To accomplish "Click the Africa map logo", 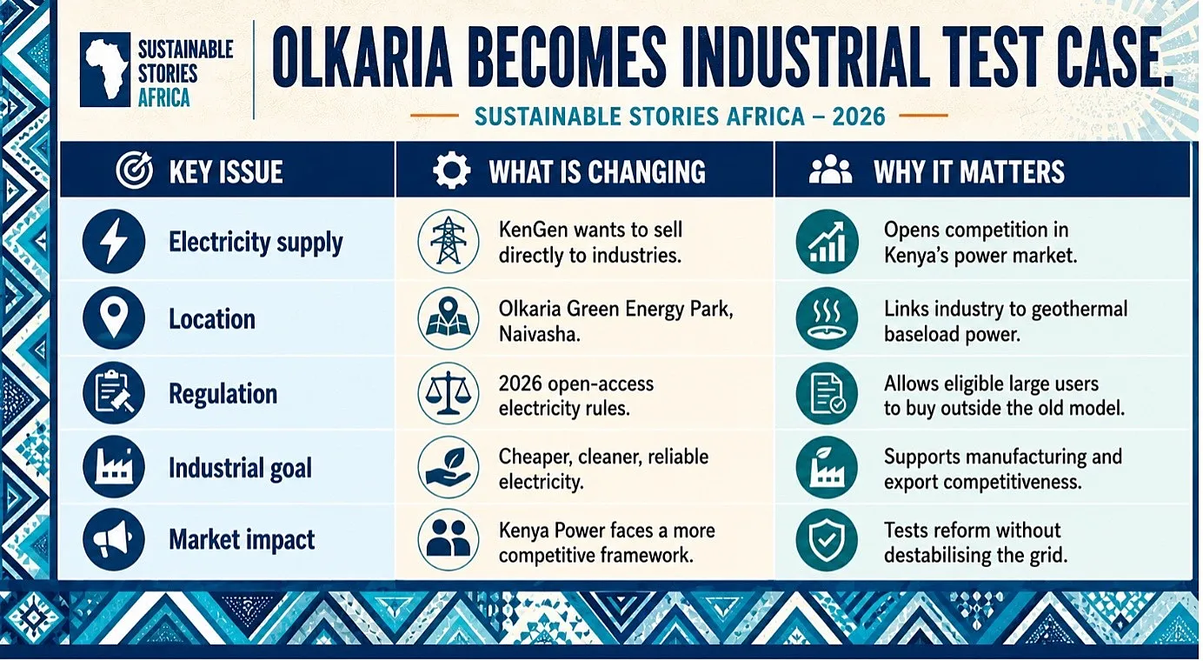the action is [105, 70].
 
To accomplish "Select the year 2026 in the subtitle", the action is [859, 117].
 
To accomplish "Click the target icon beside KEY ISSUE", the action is [134, 170].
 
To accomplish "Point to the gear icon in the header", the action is [452, 170].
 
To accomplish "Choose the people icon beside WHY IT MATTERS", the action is [830, 170].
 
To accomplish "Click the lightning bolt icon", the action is [114, 241].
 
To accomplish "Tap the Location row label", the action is [212, 318].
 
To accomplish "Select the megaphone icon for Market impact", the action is [114, 539].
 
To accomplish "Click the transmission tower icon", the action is [449, 241].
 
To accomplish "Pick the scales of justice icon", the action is [449, 393].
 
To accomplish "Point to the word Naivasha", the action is [539, 334].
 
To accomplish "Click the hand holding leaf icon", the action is [449, 467].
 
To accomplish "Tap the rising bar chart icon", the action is [827, 241].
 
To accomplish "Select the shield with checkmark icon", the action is [827, 539].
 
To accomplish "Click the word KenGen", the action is [534, 230].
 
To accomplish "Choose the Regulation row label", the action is [223, 394].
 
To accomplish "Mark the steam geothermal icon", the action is [827, 318].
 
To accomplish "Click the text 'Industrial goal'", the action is [240, 468].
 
